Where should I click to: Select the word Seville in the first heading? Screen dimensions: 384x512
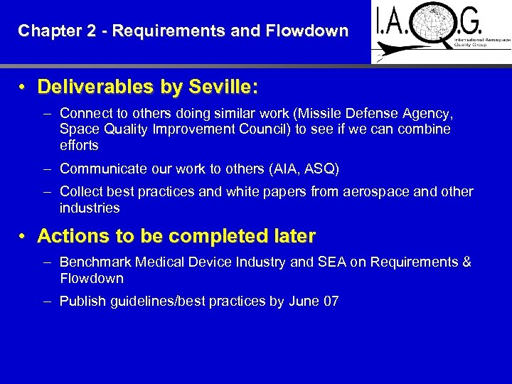click(219, 87)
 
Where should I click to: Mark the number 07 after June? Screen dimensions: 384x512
click(331, 301)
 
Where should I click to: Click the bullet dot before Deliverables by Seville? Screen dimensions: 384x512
click(23, 87)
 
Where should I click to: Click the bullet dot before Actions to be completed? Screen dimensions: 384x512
click(23, 236)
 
